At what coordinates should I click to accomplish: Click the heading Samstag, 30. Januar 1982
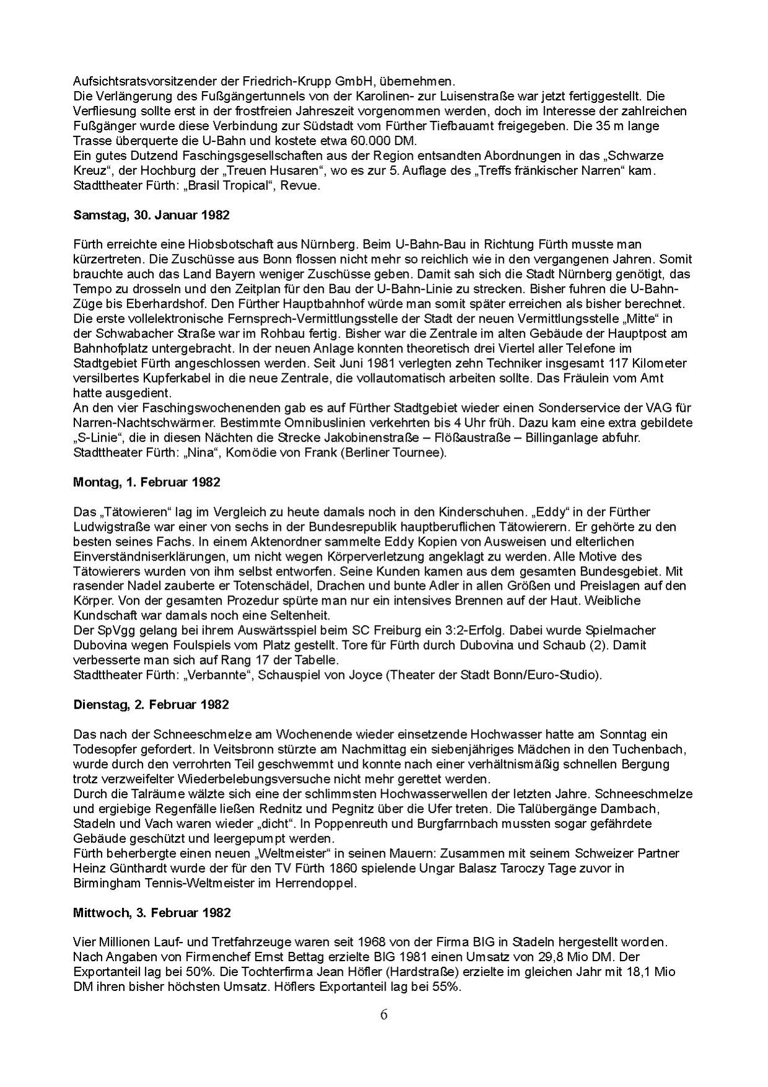click(151, 216)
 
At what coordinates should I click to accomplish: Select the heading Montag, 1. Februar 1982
click(146, 482)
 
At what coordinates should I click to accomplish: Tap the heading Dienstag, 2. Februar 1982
click(151, 704)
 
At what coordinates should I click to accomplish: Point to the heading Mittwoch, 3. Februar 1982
click(152, 913)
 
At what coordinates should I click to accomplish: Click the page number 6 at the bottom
click(384, 1015)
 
